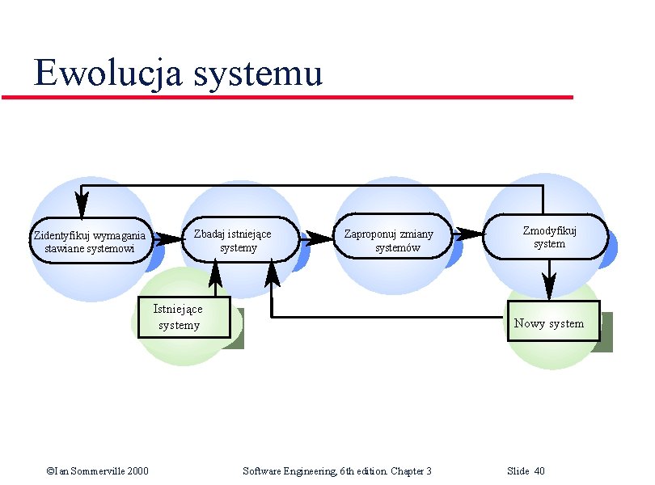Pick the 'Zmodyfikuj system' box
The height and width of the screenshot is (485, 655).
point(549,237)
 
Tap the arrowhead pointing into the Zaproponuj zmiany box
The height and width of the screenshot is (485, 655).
point(312,238)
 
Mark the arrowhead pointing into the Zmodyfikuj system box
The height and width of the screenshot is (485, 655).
point(470,234)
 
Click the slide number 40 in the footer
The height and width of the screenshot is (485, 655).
point(539,470)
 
